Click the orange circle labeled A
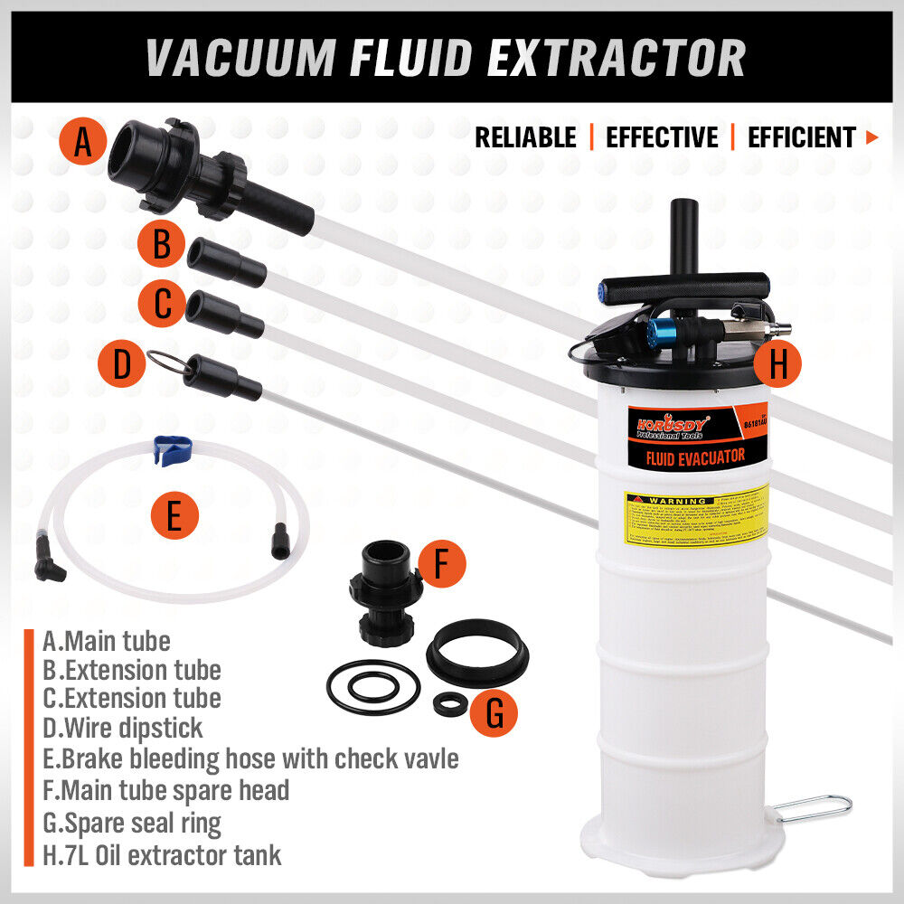tap(83, 143)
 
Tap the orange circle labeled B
tap(162, 244)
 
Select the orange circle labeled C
tap(162, 304)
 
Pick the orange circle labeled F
tap(440, 564)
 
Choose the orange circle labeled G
tap(494, 712)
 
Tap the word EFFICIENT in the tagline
tap(801, 137)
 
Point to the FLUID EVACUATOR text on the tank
tap(695, 457)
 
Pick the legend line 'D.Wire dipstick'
tap(123, 727)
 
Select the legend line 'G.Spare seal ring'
tap(132, 822)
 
